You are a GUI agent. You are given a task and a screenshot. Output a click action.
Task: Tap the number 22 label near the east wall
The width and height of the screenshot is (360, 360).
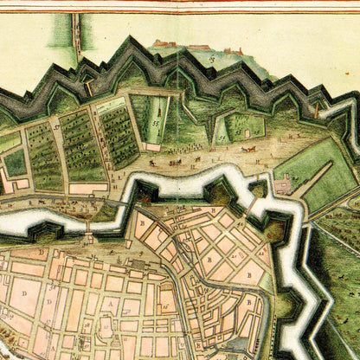(x=249, y=303)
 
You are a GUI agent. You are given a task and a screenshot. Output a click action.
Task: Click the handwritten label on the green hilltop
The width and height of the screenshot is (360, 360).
(x=210, y=58)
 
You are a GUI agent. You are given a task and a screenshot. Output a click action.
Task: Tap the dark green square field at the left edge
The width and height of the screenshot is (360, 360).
(x=15, y=162)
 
